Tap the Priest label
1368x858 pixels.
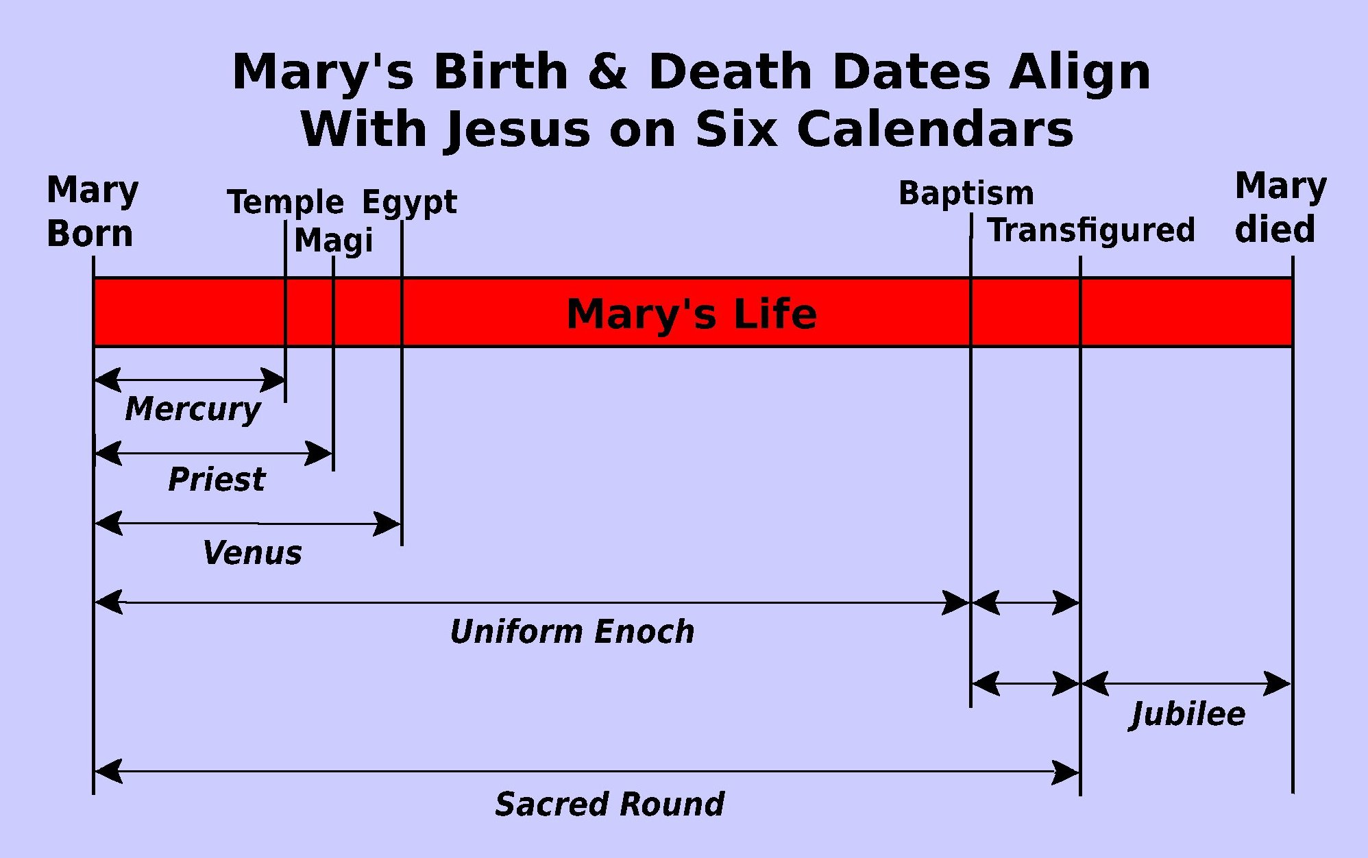(217, 479)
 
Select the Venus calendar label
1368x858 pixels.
(252, 552)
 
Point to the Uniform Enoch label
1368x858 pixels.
(572, 631)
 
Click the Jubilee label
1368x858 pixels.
(1187, 715)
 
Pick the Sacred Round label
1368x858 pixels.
(609, 804)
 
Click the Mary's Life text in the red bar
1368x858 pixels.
(692, 315)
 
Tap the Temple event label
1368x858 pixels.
(285, 203)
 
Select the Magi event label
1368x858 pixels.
(334, 241)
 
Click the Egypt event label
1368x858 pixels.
(409, 203)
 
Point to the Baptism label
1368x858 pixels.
(966, 194)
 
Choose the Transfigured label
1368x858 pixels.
(1091, 230)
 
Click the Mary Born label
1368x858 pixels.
(93, 211)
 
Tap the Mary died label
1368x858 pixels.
(1280, 208)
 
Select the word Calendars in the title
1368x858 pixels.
(935, 129)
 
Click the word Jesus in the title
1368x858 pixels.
(517, 130)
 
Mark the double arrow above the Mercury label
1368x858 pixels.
(190, 379)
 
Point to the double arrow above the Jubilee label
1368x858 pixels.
(1186, 683)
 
